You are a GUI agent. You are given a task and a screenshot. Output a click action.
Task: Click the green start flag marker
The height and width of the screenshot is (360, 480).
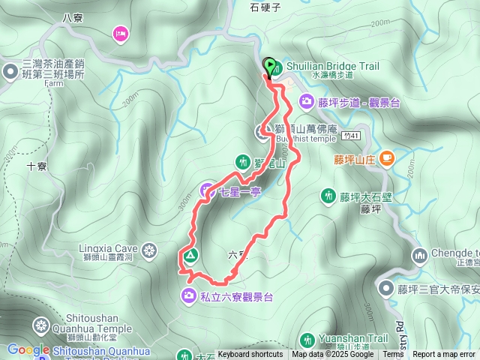[270, 64]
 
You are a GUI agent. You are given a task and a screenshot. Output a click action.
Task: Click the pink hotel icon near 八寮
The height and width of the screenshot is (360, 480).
[120, 33]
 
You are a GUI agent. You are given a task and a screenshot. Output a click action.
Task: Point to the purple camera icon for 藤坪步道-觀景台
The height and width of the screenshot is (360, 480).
[306, 100]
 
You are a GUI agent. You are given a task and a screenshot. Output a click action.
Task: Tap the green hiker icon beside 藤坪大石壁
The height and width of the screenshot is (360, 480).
[328, 196]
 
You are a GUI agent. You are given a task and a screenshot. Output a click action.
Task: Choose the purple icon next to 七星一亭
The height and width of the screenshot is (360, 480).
[208, 191]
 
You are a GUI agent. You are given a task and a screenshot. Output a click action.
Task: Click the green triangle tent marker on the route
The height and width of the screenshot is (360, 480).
[190, 256]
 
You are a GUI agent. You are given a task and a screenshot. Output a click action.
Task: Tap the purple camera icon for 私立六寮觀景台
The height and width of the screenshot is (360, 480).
[188, 296]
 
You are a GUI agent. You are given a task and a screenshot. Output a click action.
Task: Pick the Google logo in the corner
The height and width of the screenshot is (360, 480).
[28, 349]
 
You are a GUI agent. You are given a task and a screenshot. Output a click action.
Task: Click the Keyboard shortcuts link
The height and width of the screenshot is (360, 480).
[250, 355]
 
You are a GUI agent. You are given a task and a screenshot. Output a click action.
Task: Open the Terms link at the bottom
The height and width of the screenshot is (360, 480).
[393, 355]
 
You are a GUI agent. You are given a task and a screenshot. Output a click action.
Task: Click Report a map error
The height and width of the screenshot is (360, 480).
[445, 355]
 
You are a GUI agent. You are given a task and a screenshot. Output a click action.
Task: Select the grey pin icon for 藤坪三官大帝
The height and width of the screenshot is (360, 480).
[385, 288]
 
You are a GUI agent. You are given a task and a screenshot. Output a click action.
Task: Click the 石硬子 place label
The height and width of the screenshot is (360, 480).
[265, 7]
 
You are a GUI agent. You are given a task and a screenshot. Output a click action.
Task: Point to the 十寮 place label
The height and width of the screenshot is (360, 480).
[37, 166]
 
